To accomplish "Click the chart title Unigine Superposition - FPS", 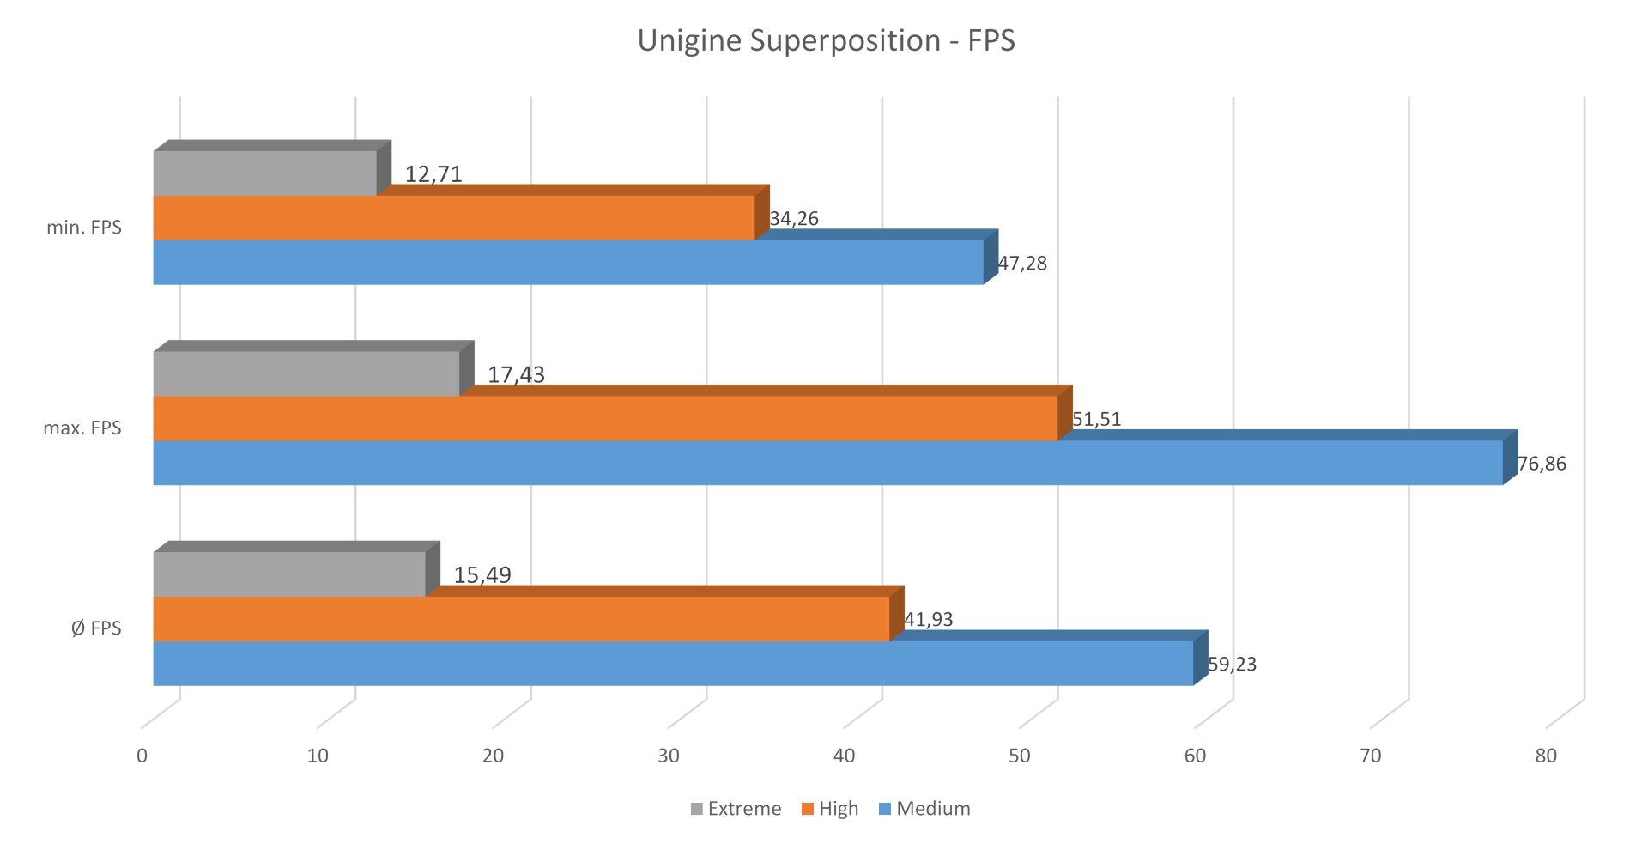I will click(826, 41).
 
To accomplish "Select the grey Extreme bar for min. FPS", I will click(264, 173).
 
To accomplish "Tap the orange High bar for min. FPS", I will click(453, 218).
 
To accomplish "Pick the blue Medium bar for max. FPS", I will click(827, 463).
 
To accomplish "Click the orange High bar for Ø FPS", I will click(521, 619).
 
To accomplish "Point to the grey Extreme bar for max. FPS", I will click(306, 373).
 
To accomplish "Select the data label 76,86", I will click(1542, 464).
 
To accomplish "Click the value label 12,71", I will click(433, 174).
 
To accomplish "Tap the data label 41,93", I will click(928, 619).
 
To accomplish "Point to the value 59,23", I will click(1232, 664).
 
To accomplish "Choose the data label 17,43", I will click(516, 374).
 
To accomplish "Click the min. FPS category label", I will click(84, 228).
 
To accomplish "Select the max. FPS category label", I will click(82, 428).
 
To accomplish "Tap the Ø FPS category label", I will click(96, 628).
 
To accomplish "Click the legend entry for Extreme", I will click(736, 809).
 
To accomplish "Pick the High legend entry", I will click(830, 809).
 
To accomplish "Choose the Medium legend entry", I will click(924, 809).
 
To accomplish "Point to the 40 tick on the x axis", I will click(844, 756).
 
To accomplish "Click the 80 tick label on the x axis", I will click(1546, 756).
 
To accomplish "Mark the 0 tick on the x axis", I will click(142, 756).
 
